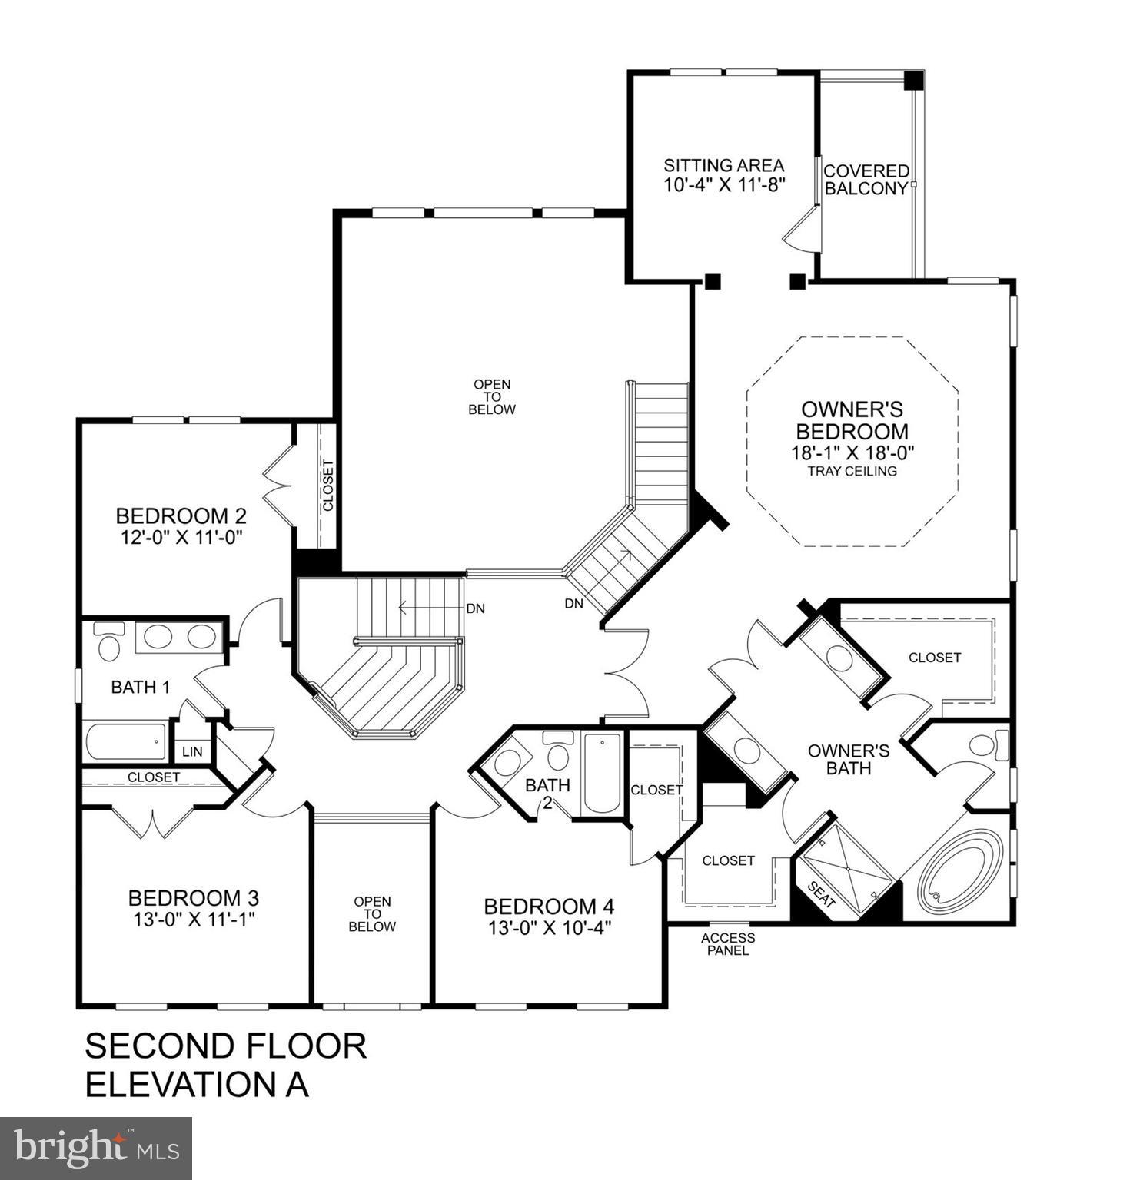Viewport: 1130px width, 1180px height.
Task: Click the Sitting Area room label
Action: (723, 165)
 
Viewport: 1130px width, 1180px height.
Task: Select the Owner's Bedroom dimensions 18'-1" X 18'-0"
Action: (852, 452)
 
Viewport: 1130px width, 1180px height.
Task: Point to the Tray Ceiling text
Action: (852, 471)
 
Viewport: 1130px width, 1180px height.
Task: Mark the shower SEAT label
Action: (822, 895)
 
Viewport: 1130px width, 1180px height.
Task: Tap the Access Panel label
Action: (727, 944)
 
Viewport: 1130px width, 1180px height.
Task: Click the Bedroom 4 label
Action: (549, 907)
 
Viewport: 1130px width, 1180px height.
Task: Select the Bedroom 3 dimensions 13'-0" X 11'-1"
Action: (193, 919)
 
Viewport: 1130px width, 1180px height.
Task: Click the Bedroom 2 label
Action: (181, 515)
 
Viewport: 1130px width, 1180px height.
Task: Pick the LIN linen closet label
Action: (192, 751)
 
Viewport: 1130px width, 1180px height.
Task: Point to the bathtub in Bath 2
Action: (602, 773)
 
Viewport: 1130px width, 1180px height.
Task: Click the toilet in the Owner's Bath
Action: (984, 744)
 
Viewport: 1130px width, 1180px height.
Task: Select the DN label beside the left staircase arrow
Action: (475, 608)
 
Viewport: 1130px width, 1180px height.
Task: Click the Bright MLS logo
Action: (96, 1149)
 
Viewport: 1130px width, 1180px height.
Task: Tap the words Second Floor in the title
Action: (225, 1046)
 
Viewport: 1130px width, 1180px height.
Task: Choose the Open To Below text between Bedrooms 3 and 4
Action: (372, 913)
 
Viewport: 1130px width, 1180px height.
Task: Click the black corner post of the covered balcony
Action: (913, 80)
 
